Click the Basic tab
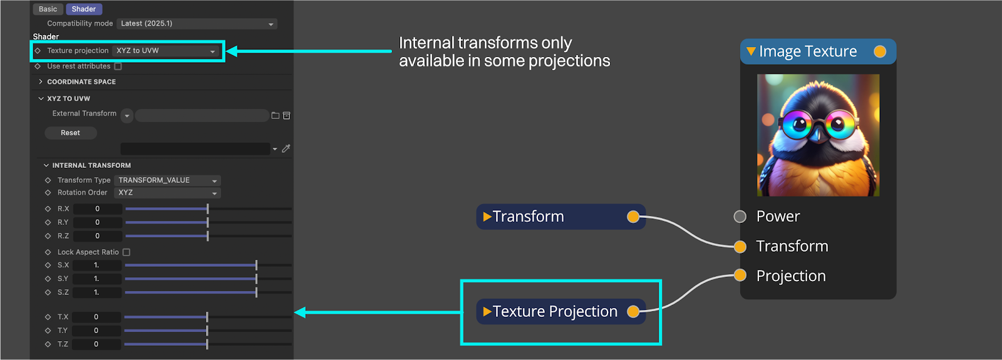point(48,9)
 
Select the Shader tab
point(84,9)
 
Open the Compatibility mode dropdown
point(197,24)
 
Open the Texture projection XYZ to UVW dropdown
point(166,51)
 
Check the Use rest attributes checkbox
point(118,66)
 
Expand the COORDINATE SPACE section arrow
point(41,81)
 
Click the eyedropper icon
point(286,148)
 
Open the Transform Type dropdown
point(168,180)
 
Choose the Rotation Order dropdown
point(168,193)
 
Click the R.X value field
point(98,209)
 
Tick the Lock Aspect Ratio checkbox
point(127,252)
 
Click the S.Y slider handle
point(256,279)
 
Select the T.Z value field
point(96,344)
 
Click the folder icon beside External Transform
point(276,116)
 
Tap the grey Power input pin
point(740,217)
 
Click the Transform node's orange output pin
point(633,217)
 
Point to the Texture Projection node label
point(555,311)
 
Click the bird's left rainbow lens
point(797,124)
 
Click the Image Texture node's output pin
point(880,51)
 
